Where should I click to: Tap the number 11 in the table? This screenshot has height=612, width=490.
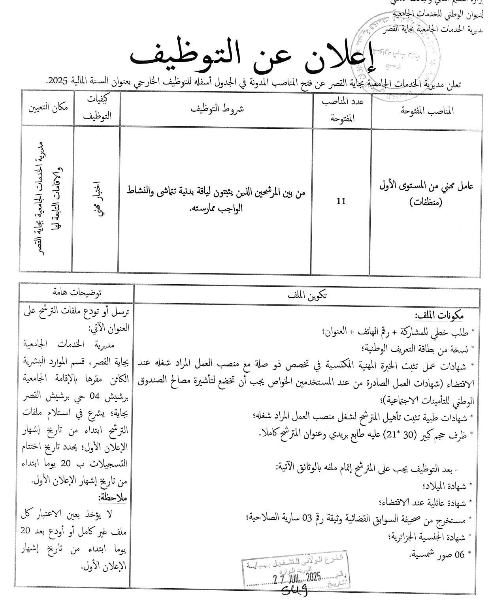(x=341, y=201)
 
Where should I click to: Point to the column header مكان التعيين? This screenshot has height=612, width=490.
(x=47, y=107)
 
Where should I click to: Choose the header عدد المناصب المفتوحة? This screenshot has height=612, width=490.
(x=342, y=110)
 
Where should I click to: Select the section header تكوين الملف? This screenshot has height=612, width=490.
(x=307, y=295)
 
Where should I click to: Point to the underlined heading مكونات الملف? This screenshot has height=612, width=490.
(x=439, y=315)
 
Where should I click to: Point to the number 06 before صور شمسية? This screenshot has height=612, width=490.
(x=459, y=554)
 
